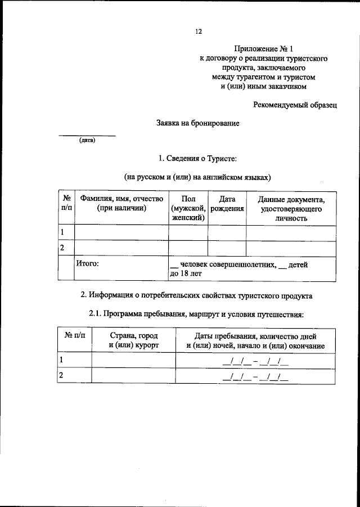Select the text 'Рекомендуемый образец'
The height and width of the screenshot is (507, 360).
[x=295, y=104]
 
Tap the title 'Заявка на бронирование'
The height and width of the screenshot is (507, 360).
[x=198, y=123]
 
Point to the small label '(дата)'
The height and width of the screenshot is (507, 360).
[x=87, y=141]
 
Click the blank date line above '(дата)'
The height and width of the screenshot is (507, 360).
[x=87, y=135]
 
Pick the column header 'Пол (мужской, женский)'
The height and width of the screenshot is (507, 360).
[x=188, y=208]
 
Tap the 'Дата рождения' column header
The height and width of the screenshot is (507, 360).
[x=227, y=203]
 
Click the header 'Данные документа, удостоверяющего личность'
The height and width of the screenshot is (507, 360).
[x=290, y=208]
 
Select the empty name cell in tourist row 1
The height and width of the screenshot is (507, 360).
[x=121, y=232]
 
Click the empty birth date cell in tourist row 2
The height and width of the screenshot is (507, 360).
[x=227, y=248]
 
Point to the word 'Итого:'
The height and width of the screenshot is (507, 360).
[x=88, y=264]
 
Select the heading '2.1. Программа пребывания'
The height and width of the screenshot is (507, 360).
[x=196, y=313]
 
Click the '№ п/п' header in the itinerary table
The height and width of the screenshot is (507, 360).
[x=74, y=335]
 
